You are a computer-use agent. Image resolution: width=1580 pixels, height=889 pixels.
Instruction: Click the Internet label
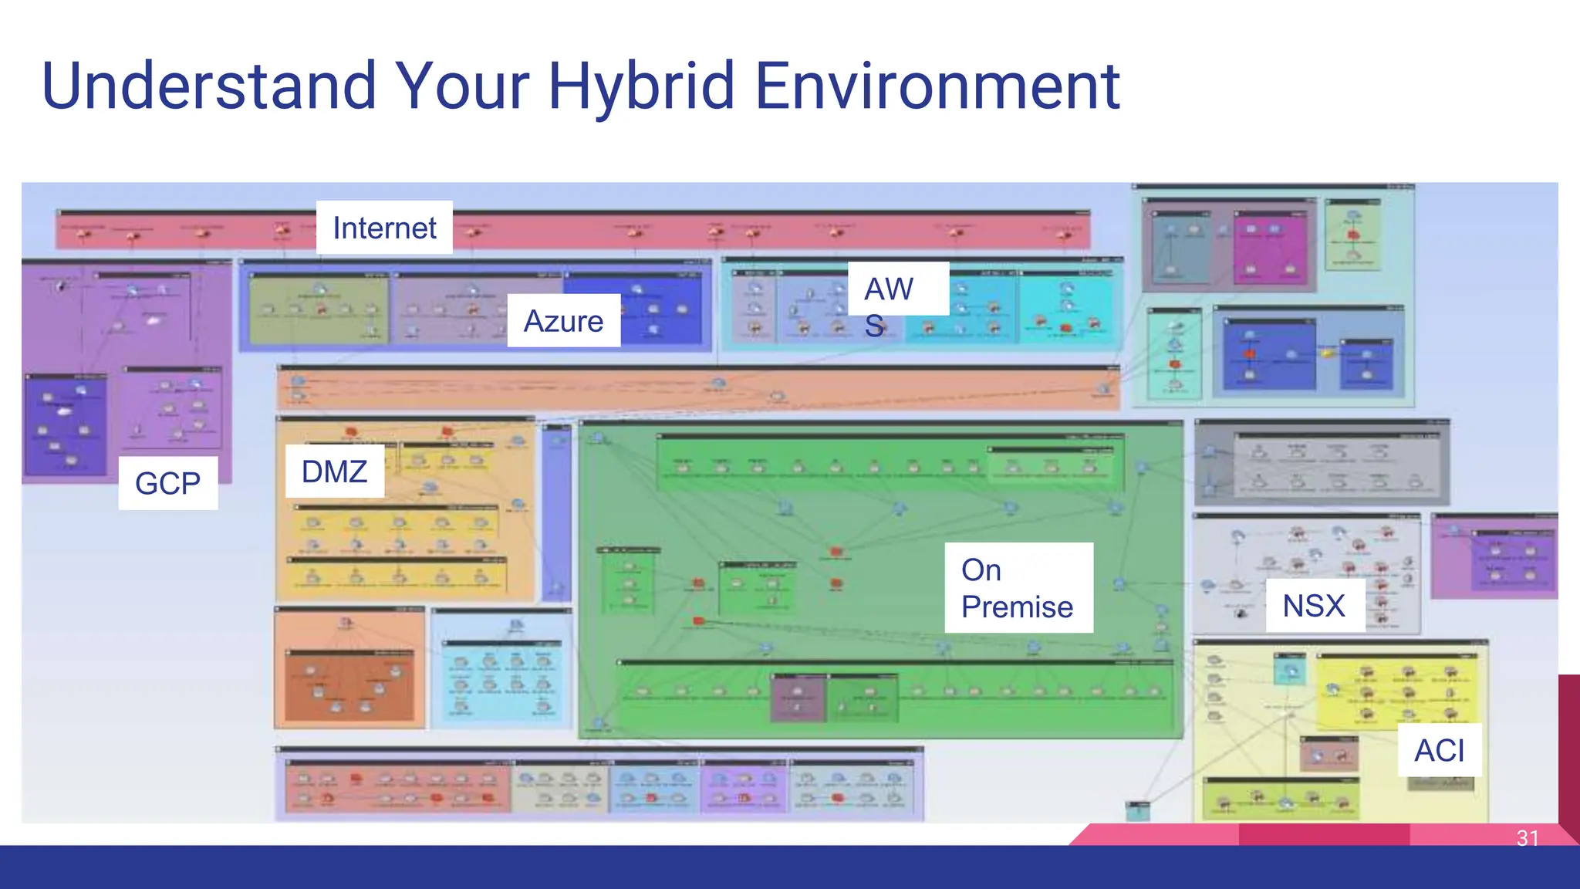(384, 228)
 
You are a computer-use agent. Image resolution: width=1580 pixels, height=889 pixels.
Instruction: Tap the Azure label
(563, 320)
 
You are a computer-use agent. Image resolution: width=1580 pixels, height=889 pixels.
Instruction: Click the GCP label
(167, 483)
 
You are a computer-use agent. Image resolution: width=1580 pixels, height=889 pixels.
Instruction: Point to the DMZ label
(334, 472)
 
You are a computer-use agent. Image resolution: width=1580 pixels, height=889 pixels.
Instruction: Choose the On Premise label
(1018, 588)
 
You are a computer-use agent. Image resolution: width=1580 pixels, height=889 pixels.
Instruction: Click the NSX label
(1314, 606)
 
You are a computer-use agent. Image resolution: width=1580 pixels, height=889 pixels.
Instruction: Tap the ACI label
(1439, 750)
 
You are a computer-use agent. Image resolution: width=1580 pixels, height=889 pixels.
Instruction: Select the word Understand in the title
(208, 86)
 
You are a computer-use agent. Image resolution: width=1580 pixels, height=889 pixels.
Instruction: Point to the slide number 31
(1528, 837)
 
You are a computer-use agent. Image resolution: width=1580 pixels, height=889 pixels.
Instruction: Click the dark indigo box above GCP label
(65, 424)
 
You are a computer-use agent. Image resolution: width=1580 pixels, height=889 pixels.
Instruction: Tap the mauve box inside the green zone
(798, 698)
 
